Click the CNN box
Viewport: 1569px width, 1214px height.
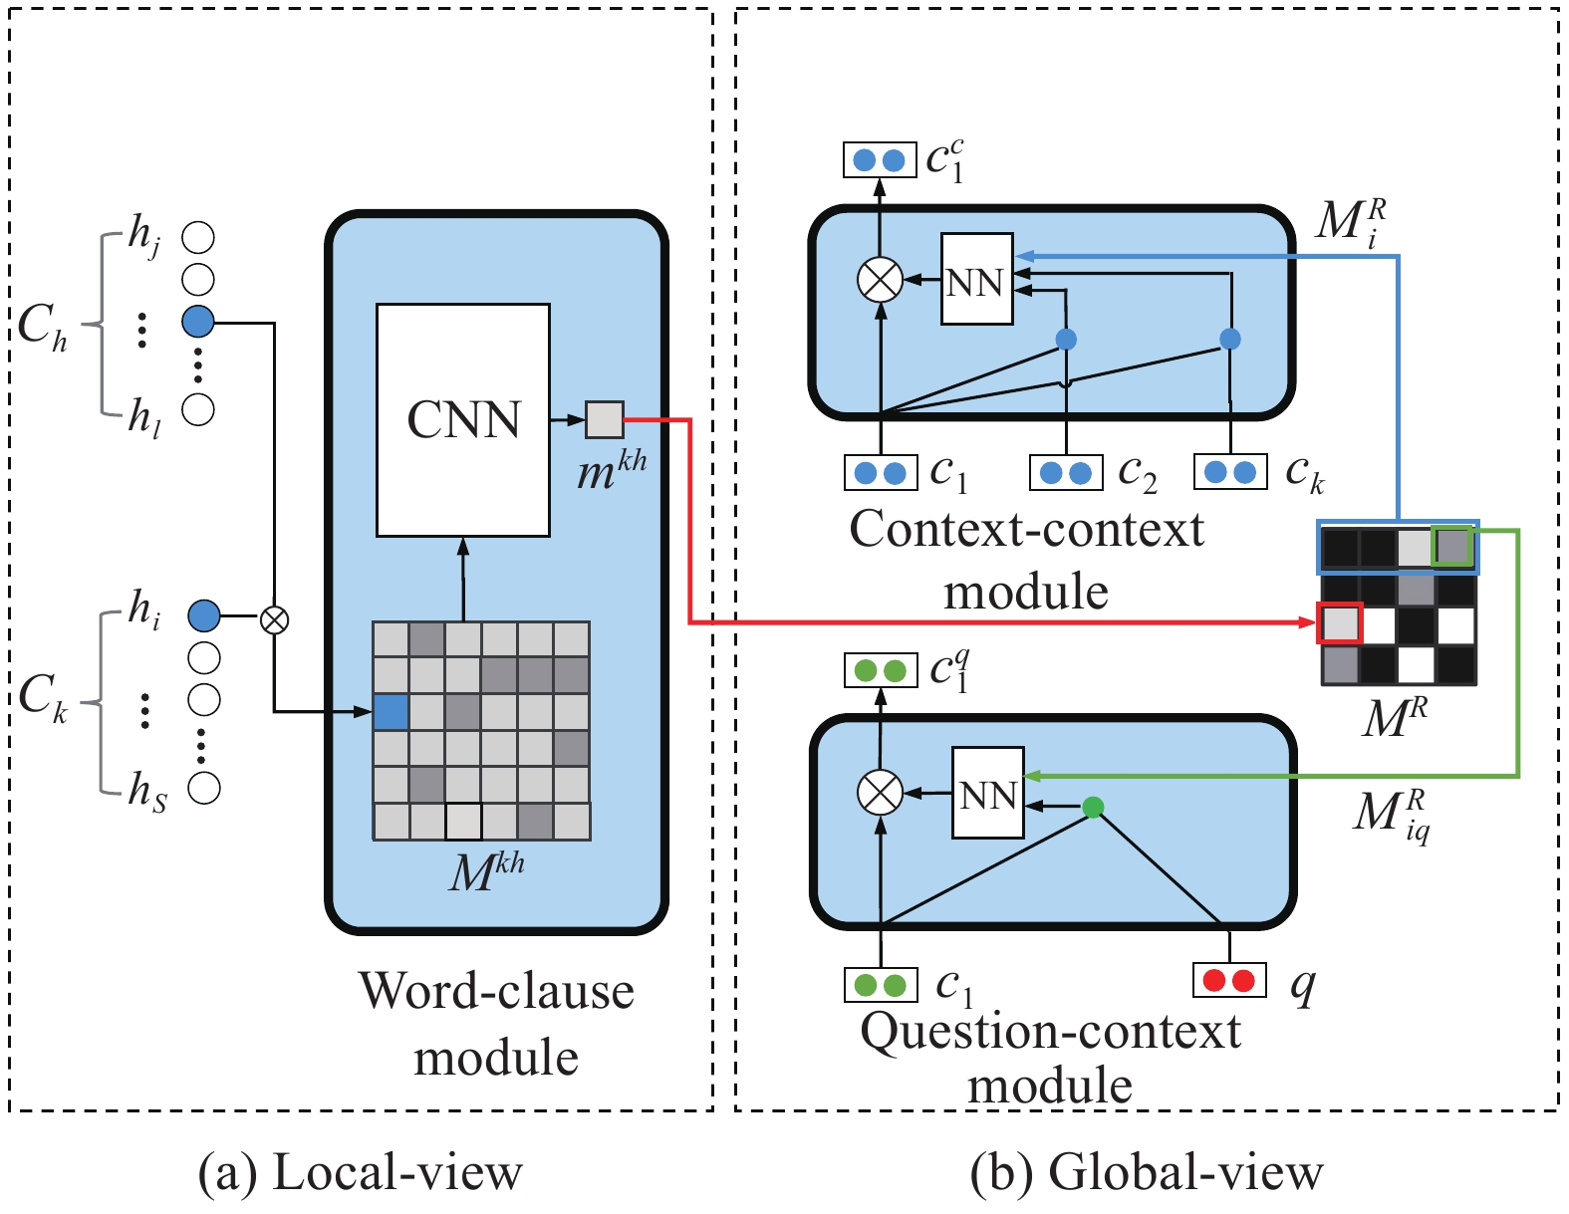[463, 420]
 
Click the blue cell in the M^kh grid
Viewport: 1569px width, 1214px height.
[392, 712]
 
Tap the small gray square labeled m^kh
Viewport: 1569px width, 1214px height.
[605, 419]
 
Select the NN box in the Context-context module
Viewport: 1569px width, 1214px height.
[977, 279]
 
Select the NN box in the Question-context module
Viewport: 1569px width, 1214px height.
[988, 793]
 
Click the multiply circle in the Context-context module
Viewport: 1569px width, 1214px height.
[880, 280]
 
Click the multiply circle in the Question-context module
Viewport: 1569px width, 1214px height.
[880, 792]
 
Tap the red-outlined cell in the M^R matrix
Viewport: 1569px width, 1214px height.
[1340, 622]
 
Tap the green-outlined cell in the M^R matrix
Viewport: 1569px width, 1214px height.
[1452, 547]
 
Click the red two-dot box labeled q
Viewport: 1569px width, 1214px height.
[1229, 980]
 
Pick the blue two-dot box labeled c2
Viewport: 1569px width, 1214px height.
[1066, 473]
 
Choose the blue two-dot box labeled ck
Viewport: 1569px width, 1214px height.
[1230, 472]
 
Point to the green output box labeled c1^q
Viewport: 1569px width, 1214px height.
[881, 670]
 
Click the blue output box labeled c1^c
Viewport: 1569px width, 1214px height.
[880, 159]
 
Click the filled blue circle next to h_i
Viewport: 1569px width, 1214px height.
[203, 615]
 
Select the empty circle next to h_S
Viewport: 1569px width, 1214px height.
[203, 788]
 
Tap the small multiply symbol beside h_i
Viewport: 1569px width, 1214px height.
[274, 620]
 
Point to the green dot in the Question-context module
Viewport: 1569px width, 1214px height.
[1093, 807]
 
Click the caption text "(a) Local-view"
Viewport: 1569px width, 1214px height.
[360, 1171]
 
